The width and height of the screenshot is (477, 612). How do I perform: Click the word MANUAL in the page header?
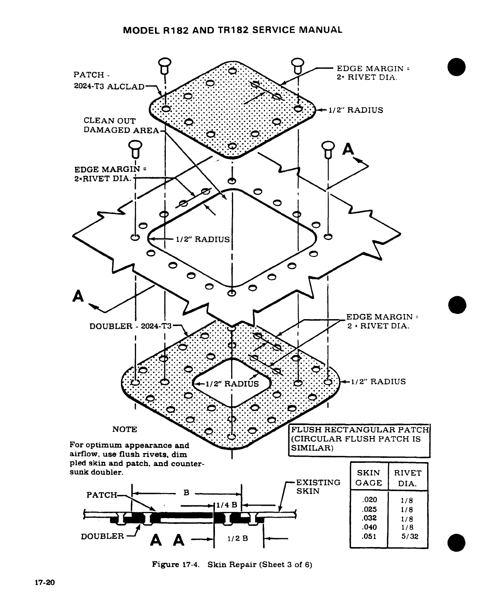tap(319, 30)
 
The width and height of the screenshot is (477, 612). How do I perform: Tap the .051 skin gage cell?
tap(369, 536)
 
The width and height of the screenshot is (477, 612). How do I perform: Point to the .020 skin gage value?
tap(369, 500)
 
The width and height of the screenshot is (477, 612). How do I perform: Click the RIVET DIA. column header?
tap(408, 478)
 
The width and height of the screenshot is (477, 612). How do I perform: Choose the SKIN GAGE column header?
tap(368, 478)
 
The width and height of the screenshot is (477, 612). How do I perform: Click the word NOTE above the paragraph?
tap(124, 429)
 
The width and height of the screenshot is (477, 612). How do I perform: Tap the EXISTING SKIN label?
tap(318, 487)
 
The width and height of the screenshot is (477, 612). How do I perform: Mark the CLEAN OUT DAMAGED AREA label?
tap(121, 126)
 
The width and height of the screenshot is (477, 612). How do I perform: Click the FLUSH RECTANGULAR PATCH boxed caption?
tap(359, 439)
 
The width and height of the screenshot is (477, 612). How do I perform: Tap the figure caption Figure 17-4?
tap(176, 564)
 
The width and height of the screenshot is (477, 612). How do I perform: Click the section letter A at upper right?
tap(348, 149)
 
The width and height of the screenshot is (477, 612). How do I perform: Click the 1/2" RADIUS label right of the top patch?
tap(356, 110)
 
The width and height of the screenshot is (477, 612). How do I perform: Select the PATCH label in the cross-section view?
tap(101, 495)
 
